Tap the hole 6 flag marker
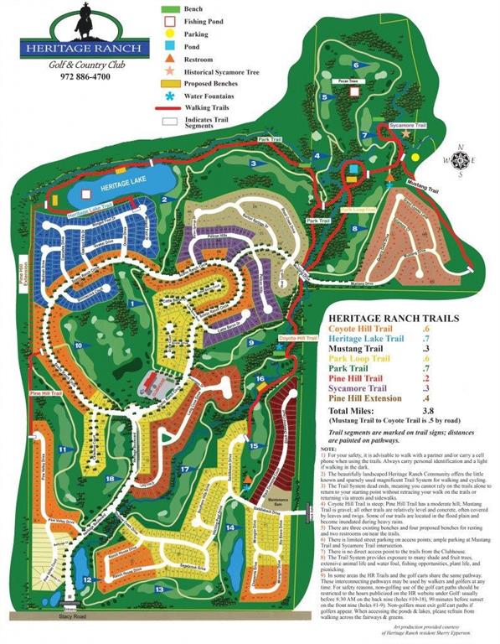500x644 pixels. click(356, 65)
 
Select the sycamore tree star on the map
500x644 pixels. click(407, 133)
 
